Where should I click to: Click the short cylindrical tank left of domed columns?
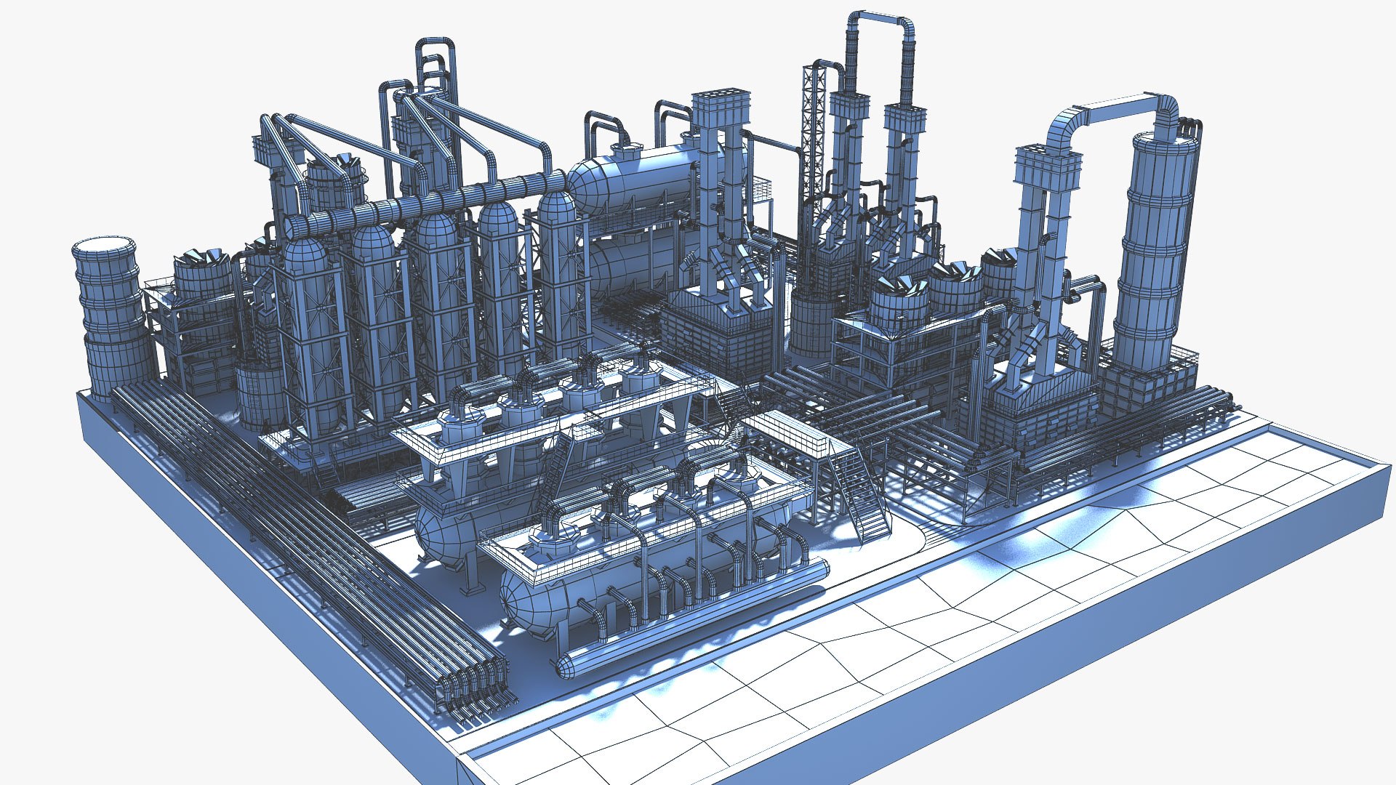258,396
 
